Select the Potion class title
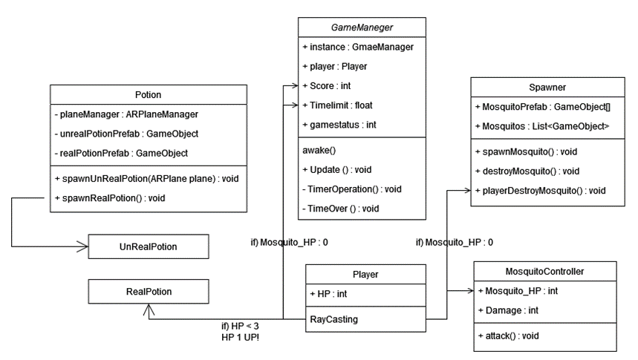(x=149, y=95)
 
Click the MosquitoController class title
(x=544, y=272)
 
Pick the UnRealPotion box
(x=149, y=245)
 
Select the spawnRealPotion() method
(x=110, y=198)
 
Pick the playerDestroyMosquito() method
(x=541, y=191)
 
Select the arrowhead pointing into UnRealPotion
(x=85, y=245)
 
